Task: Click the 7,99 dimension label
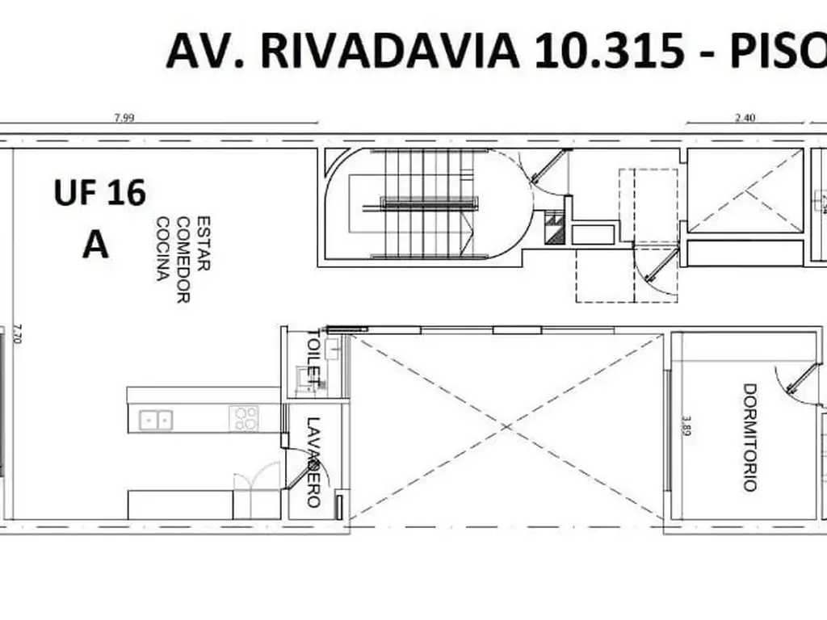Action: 124,118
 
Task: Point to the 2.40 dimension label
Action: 745,118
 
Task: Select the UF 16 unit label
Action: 100,194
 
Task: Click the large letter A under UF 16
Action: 95,244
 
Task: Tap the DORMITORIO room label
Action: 749,437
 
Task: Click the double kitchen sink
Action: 156,419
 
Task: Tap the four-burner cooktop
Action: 246,418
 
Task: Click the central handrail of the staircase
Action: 425,204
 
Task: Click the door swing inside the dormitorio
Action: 790,384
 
